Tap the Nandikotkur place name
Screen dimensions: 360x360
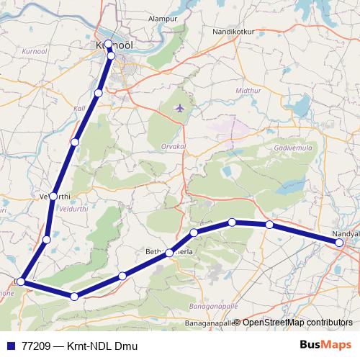(236, 32)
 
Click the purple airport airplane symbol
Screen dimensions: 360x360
(179, 109)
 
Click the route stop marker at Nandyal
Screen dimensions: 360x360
(339, 243)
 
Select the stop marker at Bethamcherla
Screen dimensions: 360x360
(169, 253)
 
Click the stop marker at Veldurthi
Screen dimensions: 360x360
(53, 196)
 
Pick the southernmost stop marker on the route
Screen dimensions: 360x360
(74, 296)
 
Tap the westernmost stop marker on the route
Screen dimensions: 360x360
(22, 282)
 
